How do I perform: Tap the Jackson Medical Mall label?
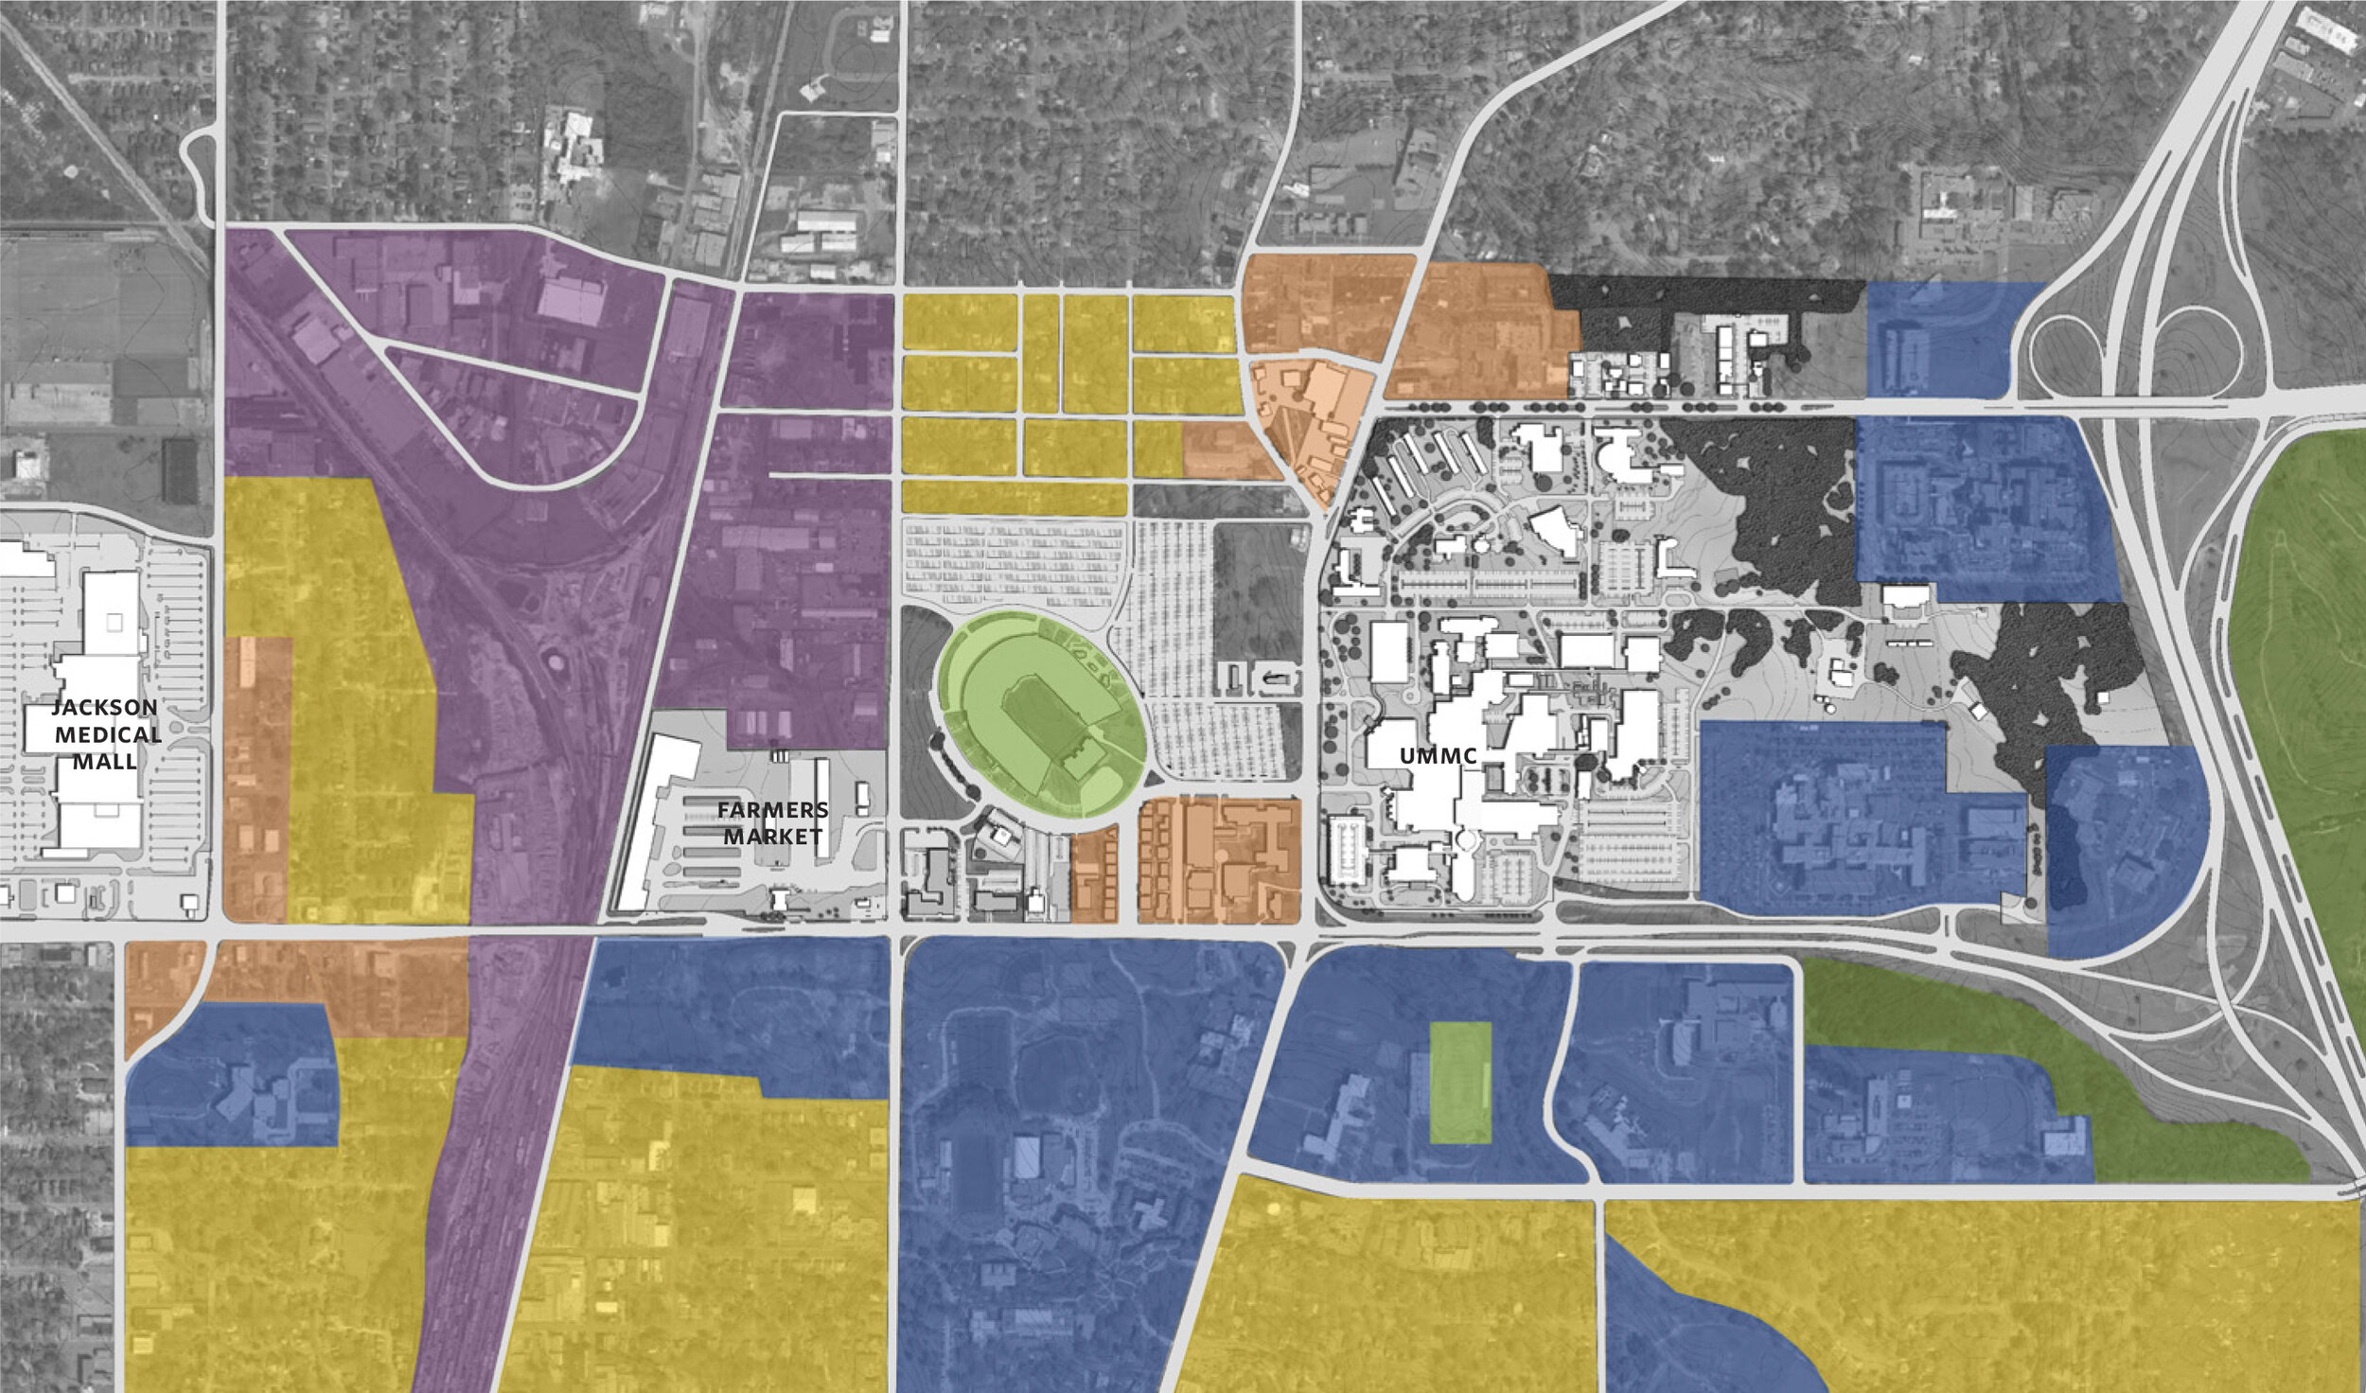tap(105, 734)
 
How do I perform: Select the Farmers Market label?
tap(772, 823)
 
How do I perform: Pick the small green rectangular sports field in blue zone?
tap(1460, 1083)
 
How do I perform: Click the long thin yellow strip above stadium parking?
tap(1013, 498)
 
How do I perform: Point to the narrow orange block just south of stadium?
tap(1095, 875)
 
